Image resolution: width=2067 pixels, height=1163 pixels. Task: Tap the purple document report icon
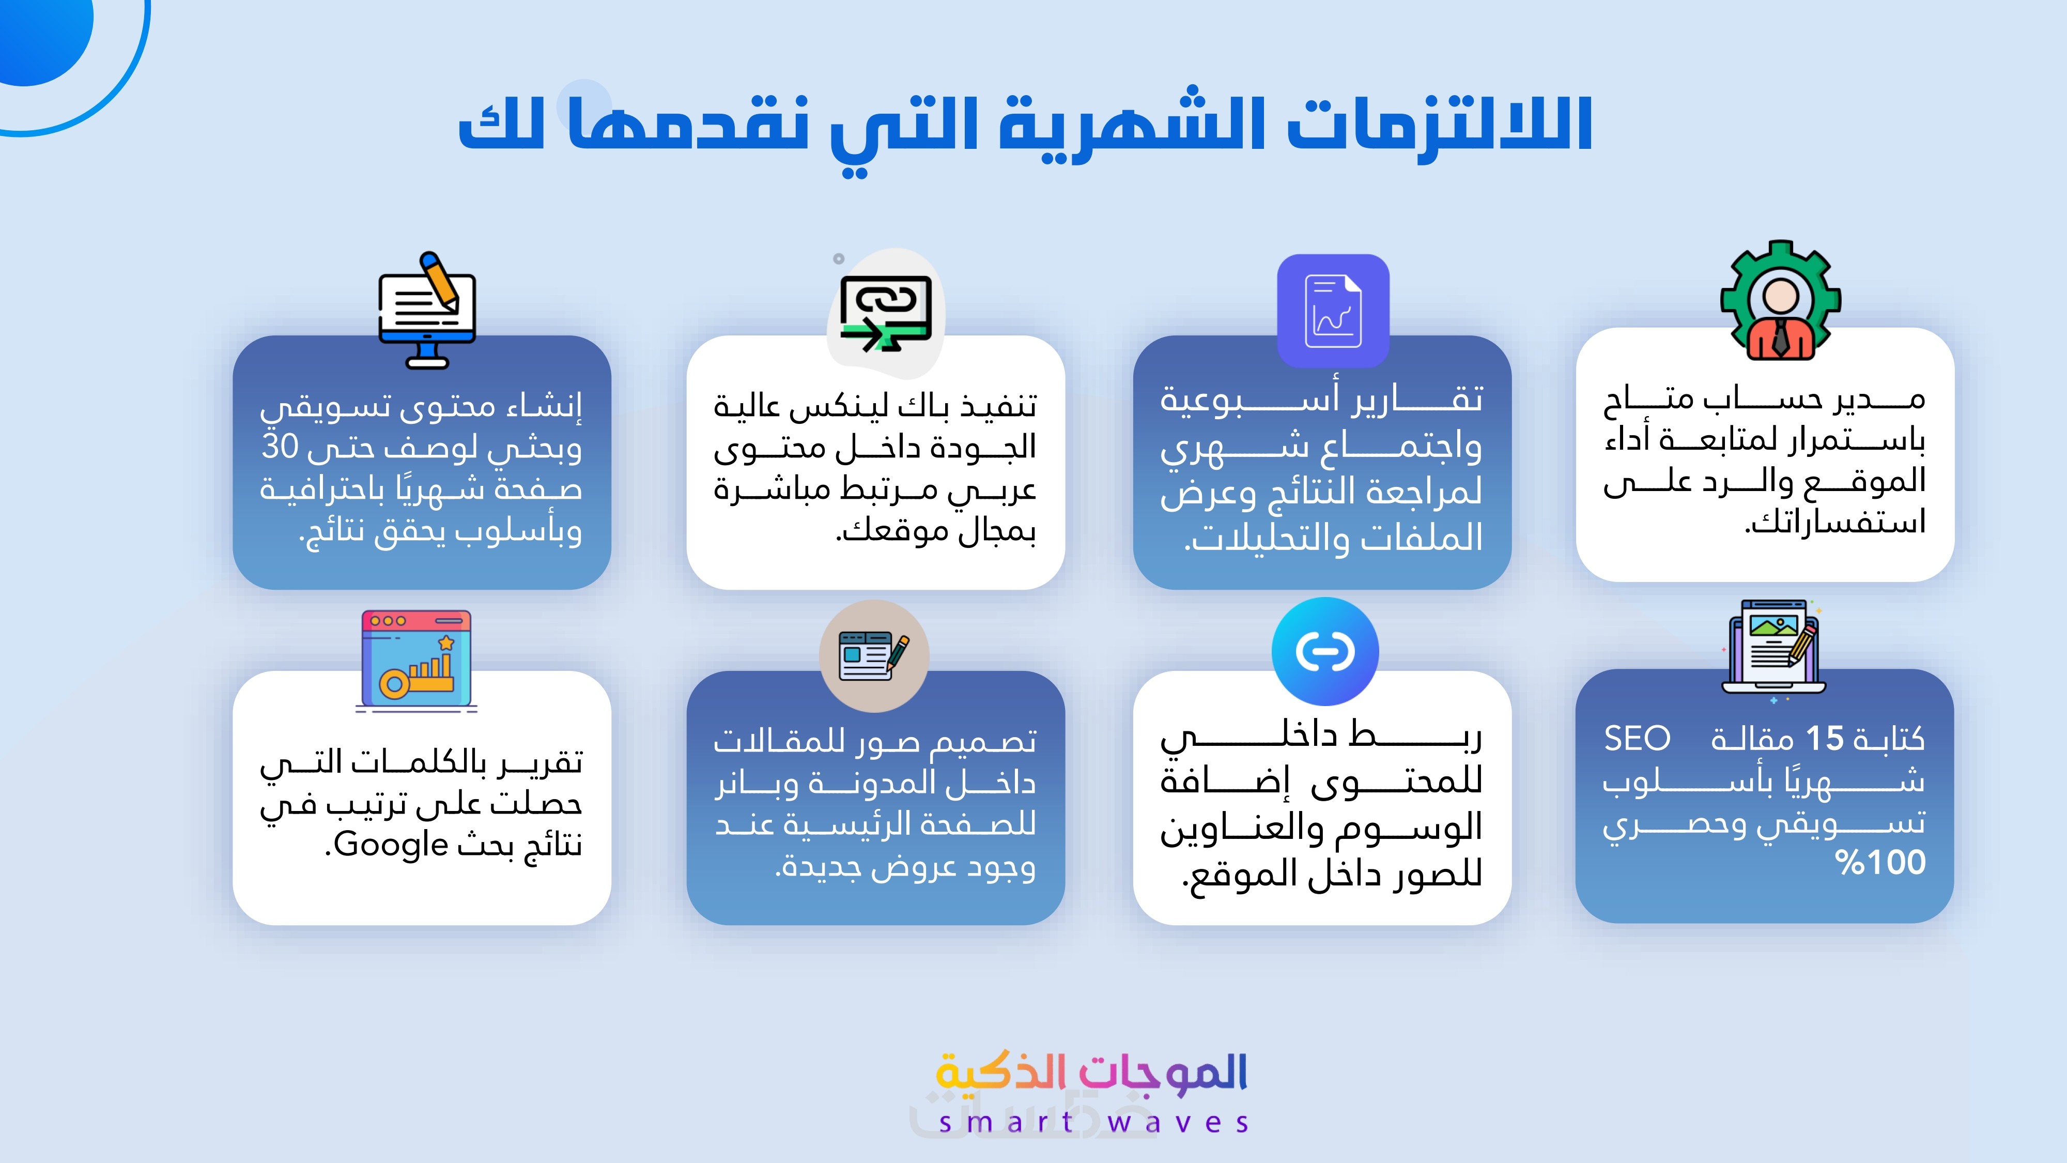pyautogui.click(x=1333, y=311)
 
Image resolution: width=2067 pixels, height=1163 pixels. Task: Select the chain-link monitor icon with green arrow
pyautogui.click(x=886, y=314)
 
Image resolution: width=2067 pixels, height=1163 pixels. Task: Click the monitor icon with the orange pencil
pyautogui.click(x=427, y=311)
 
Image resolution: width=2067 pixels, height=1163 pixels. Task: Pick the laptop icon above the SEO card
pyautogui.click(x=1773, y=650)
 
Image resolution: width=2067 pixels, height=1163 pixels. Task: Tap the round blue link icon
pyautogui.click(x=1325, y=651)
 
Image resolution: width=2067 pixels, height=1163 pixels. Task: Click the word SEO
pyautogui.click(x=1637, y=739)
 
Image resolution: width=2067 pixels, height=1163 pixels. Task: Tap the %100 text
pyautogui.click(x=1880, y=863)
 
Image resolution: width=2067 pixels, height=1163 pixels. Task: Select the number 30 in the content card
pyautogui.click(x=280, y=446)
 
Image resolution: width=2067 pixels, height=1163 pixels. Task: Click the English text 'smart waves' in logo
pyautogui.click(x=1093, y=1122)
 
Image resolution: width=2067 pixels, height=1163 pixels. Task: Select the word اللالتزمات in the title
pyautogui.click(x=1440, y=125)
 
